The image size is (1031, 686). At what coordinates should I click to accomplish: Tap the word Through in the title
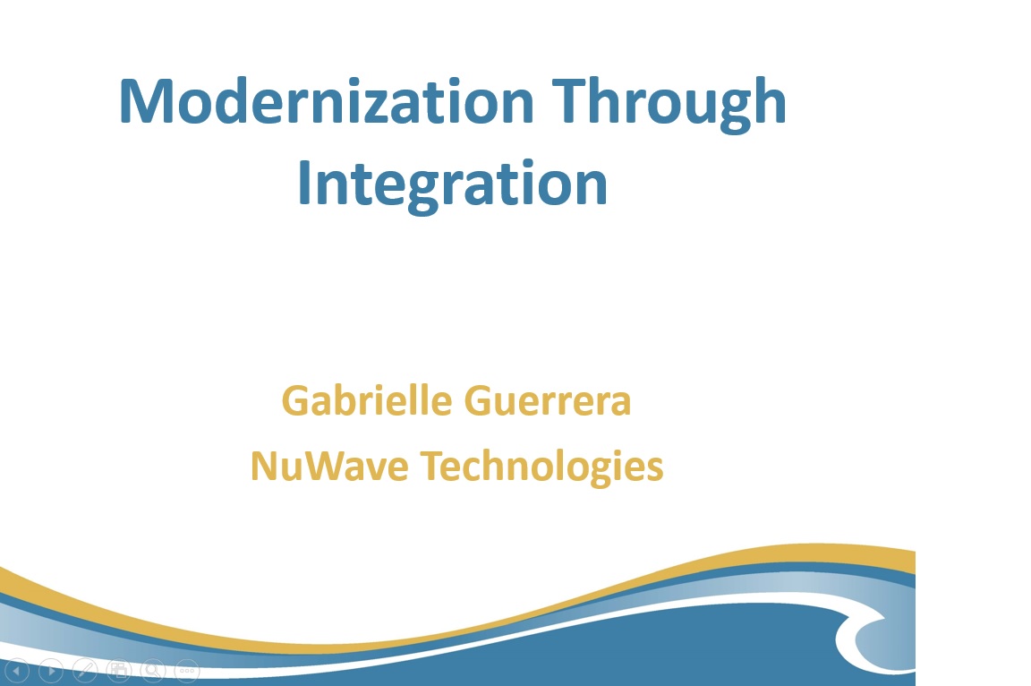pyautogui.click(x=669, y=104)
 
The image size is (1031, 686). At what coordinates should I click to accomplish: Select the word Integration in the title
pyautogui.click(x=452, y=185)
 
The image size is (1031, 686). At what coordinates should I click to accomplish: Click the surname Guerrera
pyautogui.click(x=548, y=401)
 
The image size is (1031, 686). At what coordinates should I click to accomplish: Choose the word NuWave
pyautogui.click(x=329, y=466)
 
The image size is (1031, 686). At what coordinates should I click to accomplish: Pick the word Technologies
pyautogui.click(x=541, y=467)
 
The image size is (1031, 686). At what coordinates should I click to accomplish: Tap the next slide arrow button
pyautogui.click(x=51, y=671)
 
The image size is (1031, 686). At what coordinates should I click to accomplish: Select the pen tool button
pyautogui.click(x=85, y=671)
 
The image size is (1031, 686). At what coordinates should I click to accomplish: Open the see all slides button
pyautogui.click(x=119, y=671)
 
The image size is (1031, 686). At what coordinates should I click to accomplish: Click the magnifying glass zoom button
pyautogui.click(x=152, y=671)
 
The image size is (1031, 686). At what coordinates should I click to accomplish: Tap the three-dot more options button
pyautogui.click(x=187, y=671)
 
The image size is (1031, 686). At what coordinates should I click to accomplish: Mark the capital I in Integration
pyautogui.click(x=303, y=183)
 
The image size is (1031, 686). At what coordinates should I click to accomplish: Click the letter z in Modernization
pyautogui.click(x=370, y=107)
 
